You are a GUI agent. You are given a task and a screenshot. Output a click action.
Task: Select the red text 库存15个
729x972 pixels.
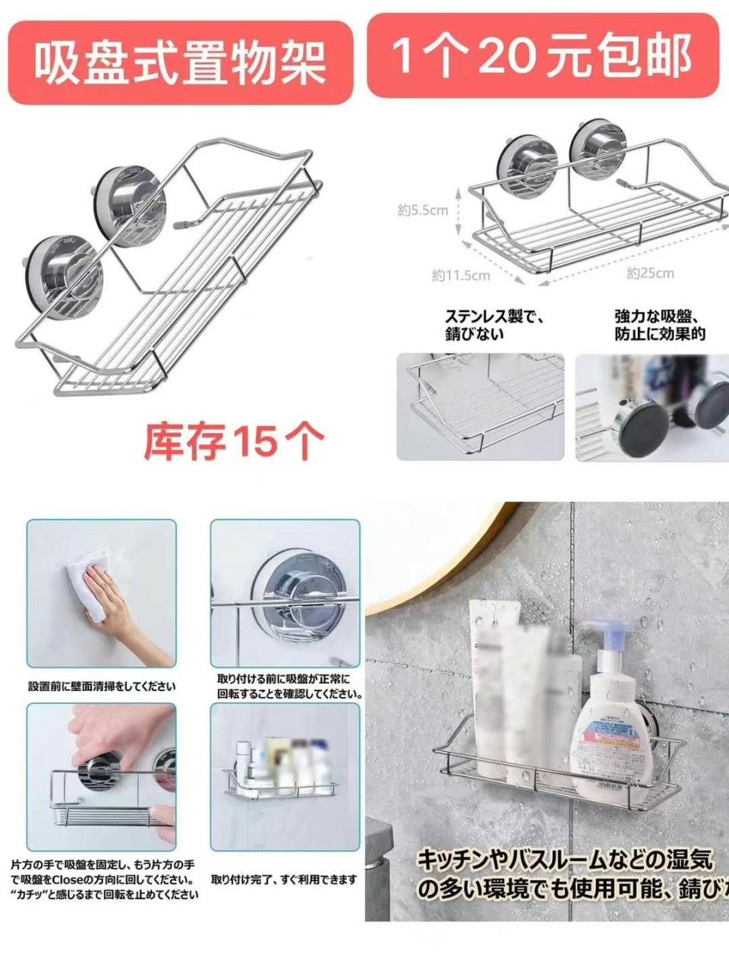pos(234,440)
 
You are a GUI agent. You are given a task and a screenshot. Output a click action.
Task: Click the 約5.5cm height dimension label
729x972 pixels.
pos(422,210)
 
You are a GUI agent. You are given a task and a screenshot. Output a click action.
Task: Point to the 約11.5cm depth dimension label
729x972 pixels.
pos(461,276)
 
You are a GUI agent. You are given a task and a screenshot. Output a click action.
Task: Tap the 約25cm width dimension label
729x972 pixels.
pos(650,273)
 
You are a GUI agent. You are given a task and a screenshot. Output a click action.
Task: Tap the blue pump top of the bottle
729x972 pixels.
pos(607,635)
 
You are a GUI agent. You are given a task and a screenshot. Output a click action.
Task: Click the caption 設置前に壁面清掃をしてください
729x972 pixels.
pos(102,686)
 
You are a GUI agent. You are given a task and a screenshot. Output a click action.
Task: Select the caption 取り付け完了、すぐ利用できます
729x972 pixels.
pos(283,879)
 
